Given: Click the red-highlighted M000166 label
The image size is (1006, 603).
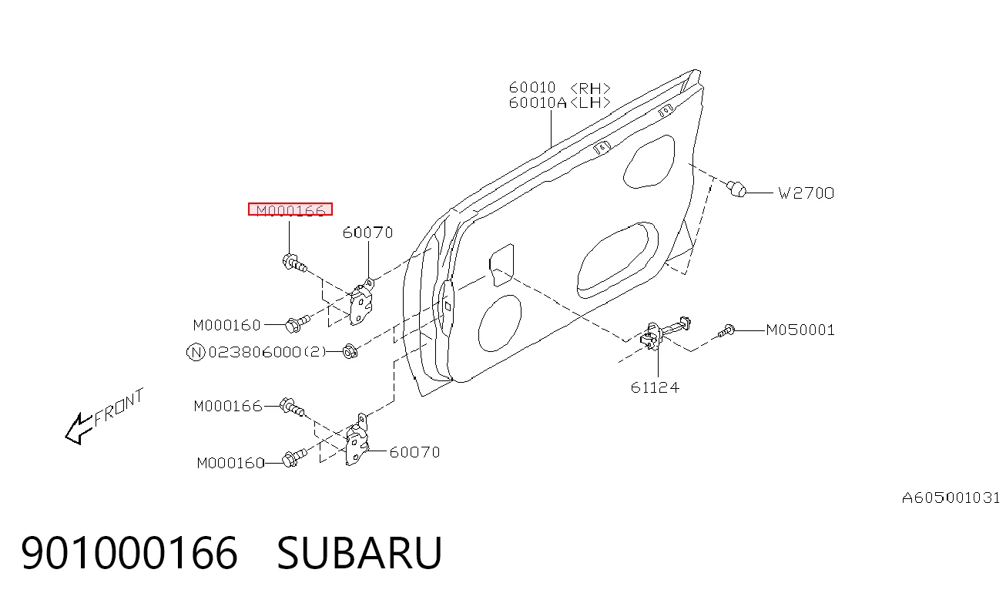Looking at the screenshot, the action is point(290,209).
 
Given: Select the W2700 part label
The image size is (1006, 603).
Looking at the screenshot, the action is point(806,193).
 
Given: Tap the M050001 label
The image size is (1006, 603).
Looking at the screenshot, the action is point(800,330).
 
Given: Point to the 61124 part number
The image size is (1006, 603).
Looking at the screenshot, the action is point(655,387).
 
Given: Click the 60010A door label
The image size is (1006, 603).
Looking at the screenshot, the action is point(538,103).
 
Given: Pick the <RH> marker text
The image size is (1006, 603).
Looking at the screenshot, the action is point(590,88).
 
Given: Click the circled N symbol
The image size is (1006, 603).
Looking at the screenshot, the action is point(196,353).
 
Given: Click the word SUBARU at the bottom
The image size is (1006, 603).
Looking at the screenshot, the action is point(359,553).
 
